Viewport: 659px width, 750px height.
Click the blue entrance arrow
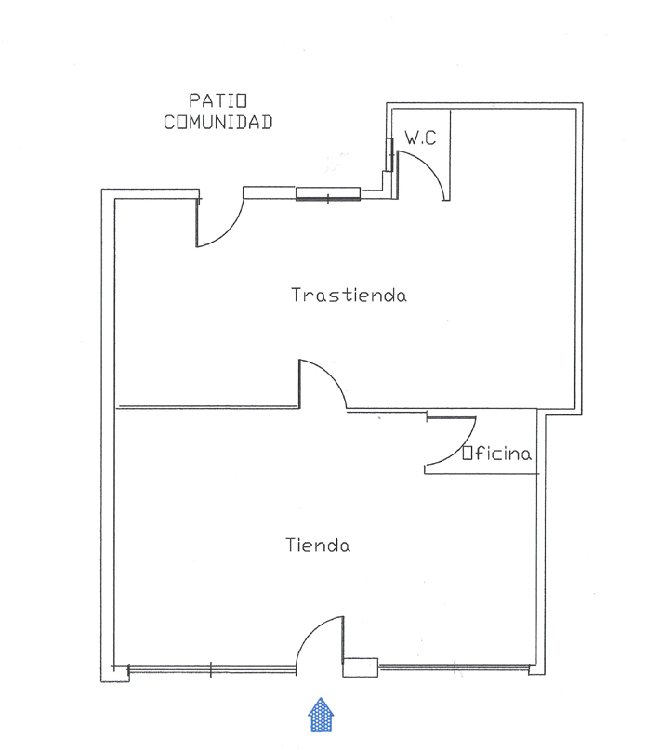(321, 715)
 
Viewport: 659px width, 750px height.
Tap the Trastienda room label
(349, 295)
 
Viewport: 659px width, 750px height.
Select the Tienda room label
(318, 545)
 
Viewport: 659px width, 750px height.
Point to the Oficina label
(497, 453)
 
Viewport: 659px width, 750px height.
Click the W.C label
(420, 138)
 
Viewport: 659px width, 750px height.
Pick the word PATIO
(218, 100)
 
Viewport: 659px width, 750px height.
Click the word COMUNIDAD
(218, 123)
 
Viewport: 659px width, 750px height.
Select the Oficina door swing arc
(459, 447)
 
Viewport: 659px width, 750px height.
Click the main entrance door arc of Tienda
(310, 631)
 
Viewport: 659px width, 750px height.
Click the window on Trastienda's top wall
(327, 193)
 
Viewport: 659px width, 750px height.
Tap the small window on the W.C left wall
(389, 154)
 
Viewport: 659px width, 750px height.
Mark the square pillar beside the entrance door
(361, 667)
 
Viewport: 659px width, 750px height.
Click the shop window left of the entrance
(211, 669)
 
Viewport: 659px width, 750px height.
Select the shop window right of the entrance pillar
(455, 666)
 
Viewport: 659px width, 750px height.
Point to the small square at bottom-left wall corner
(120, 674)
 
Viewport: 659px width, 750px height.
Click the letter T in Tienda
(291, 545)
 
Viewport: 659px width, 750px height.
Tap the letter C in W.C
(430, 138)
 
